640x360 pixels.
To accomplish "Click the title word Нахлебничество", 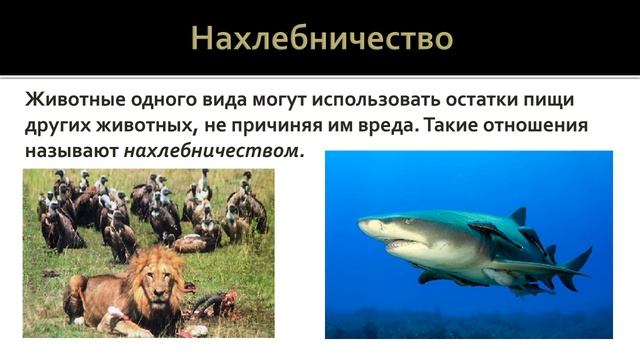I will pos(321,38).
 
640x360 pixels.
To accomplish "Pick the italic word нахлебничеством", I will pos(213,153).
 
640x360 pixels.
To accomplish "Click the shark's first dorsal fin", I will pos(516,217).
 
